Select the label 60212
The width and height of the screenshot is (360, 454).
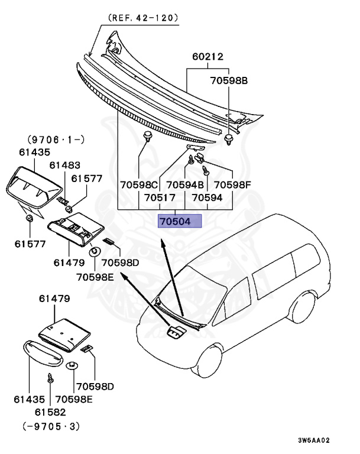click(207, 57)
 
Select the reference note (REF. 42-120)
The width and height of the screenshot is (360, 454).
click(142, 18)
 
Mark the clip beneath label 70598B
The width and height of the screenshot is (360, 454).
click(228, 140)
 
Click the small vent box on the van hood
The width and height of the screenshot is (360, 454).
click(175, 333)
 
